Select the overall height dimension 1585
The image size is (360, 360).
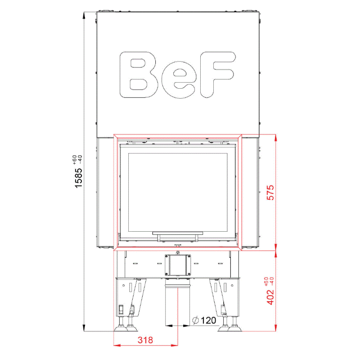point(78,178)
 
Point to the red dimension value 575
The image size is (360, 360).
point(270,193)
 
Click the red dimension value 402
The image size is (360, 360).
point(270,297)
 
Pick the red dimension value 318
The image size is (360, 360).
point(145,340)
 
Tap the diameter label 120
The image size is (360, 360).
point(208,320)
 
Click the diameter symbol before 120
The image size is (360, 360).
point(195,320)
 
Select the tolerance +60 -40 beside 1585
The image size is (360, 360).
point(77,160)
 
